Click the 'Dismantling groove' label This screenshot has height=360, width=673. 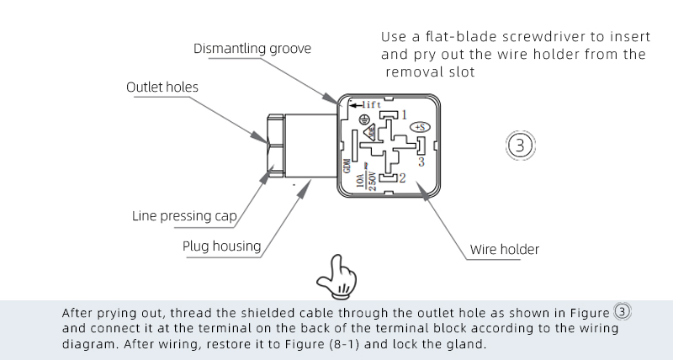tap(252, 49)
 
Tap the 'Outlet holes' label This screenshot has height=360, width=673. tap(162, 87)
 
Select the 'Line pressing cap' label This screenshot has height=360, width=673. tap(185, 216)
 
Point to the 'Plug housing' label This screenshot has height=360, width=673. tap(221, 246)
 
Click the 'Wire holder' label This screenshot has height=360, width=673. tap(505, 249)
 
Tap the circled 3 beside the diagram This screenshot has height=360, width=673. tap(521, 146)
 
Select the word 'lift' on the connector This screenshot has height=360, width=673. tap(372, 104)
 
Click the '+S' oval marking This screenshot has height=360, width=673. tap(420, 127)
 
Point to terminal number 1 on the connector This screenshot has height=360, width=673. tap(404, 114)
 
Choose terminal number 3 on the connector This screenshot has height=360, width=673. tap(421, 161)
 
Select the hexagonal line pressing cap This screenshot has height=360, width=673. tap(275, 144)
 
